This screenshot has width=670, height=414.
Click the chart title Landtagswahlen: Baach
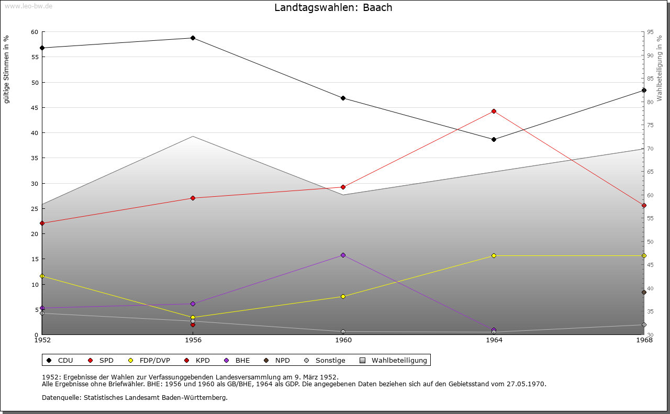point(333,8)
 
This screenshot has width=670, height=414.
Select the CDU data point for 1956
point(193,38)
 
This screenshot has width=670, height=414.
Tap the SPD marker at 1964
point(494,111)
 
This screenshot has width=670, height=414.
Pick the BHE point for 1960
point(343,255)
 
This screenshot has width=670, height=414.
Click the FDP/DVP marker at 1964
point(494,255)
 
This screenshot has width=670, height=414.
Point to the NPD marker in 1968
point(644,292)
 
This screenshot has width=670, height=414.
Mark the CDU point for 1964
point(494,139)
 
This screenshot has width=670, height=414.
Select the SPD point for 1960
point(343,187)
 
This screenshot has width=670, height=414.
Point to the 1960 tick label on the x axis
point(343,340)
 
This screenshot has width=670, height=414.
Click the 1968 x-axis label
point(644,340)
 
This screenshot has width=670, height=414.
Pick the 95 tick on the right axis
point(651,32)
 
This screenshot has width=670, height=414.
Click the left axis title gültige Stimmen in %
point(7,69)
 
